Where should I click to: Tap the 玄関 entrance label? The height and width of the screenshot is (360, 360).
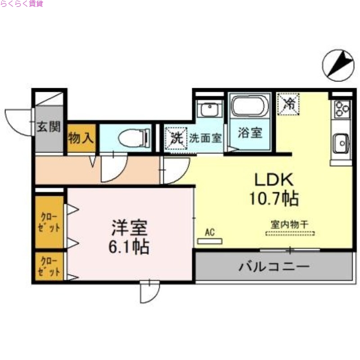tap(48, 127)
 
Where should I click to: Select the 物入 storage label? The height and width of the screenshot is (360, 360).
tap(81, 138)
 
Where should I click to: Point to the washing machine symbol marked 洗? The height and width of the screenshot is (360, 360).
tap(175, 137)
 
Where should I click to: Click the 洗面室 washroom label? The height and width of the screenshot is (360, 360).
tap(205, 138)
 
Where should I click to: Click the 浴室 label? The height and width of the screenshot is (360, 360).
tap(250, 133)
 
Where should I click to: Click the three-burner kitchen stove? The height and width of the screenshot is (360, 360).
tap(341, 108)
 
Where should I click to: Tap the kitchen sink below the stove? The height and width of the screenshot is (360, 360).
tap(341, 144)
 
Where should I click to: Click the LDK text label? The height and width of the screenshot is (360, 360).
tap(274, 180)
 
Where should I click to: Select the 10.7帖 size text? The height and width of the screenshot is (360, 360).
tap(274, 198)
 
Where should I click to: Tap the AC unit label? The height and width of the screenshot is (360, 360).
tap(209, 232)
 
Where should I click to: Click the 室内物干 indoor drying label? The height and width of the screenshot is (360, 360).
tap(289, 223)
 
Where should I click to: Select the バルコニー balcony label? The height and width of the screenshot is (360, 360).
tap(274, 266)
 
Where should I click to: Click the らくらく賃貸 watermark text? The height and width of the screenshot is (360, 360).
tap(22, 4)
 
